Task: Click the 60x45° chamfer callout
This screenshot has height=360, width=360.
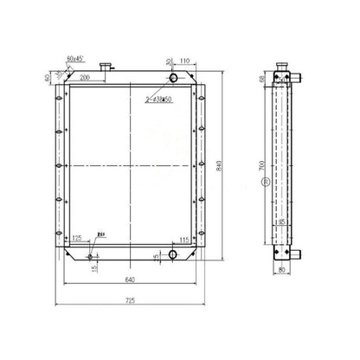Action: [x=76, y=60]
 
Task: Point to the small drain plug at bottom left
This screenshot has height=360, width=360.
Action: [x=93, y=254]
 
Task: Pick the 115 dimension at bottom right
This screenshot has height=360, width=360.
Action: [x=184, y=240]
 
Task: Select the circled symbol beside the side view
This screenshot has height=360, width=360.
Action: [x=265, y=183]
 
